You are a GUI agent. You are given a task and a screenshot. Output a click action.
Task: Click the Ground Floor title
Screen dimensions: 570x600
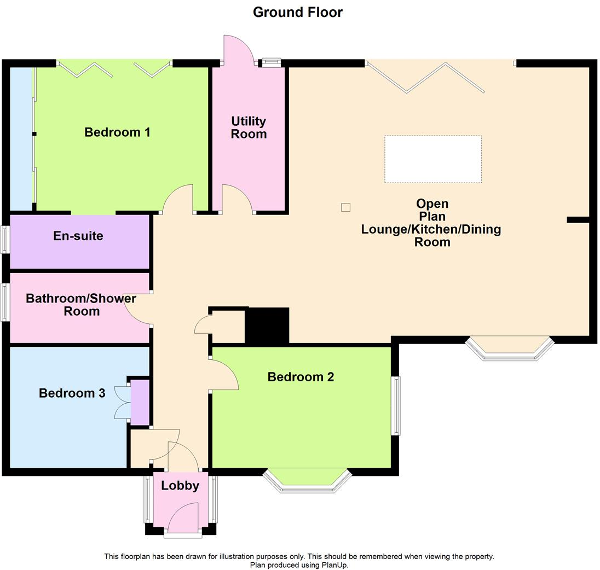(297, 12)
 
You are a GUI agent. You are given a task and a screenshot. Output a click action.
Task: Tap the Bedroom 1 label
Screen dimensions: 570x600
(117, 132)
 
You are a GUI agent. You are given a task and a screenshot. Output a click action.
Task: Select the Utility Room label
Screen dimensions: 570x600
(249, 127)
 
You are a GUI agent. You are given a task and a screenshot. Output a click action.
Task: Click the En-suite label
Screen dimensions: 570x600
(78, 236)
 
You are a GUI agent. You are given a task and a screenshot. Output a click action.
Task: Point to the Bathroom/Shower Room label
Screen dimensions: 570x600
(81, 305)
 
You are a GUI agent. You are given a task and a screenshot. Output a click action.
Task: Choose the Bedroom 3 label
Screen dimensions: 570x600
(72, 393)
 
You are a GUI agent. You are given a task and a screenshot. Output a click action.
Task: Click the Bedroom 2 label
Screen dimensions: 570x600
(301, 377)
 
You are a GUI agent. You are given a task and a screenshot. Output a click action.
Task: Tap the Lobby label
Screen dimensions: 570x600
(180, 486)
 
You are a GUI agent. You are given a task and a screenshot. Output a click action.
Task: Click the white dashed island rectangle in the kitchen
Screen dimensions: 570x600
(433, 159)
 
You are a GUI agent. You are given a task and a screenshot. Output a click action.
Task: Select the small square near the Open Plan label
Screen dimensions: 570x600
(345, 207)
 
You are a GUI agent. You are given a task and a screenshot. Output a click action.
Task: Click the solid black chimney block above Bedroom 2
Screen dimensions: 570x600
(267, 325)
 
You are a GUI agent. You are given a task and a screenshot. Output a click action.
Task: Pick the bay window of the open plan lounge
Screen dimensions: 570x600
(509, 348)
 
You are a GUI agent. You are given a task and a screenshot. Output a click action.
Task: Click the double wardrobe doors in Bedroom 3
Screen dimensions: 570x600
(120, 403)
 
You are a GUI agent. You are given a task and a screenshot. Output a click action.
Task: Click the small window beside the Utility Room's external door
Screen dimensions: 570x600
(270, 62)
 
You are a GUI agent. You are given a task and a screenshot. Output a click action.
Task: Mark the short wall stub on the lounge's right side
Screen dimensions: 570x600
(577, 220)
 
